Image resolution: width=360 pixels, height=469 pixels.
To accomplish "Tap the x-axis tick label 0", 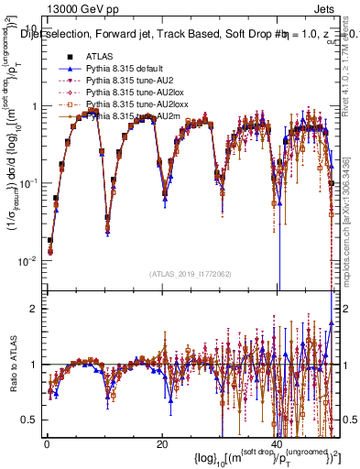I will point(47,444).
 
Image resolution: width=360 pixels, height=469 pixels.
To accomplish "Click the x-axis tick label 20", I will point(162,444).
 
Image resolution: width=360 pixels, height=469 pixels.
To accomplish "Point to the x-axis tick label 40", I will point(278,444).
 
